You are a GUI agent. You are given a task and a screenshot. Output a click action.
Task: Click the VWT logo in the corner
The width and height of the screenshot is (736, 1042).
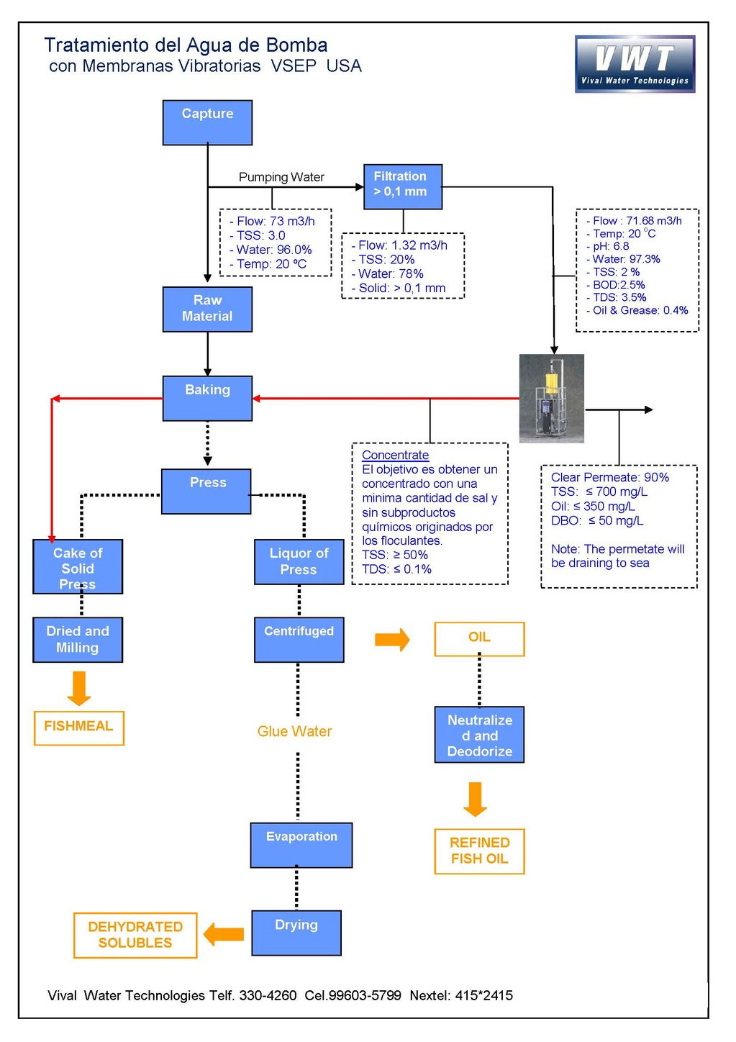[x=635, y=64]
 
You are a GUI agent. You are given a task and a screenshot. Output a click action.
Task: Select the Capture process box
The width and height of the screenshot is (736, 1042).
[x=207, y=123]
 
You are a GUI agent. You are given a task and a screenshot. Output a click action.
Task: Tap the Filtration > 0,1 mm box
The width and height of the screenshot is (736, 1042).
[x=402, y=187]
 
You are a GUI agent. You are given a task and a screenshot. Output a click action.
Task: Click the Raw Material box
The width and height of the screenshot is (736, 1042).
[x=207, y=309]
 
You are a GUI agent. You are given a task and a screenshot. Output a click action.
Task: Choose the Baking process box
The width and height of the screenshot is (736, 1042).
[x=207, y=398]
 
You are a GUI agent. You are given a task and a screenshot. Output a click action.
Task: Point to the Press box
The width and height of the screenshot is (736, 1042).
[x=206, y=491]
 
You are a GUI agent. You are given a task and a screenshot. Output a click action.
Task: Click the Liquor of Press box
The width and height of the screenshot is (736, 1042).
[x=299, y=562]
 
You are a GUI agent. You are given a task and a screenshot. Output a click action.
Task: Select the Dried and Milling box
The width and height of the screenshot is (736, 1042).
[x=78, y=640]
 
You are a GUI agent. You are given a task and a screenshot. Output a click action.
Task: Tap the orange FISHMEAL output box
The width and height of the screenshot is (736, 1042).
[x=79, y=728]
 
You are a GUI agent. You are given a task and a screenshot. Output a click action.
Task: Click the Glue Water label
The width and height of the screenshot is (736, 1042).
[x=294, y=732]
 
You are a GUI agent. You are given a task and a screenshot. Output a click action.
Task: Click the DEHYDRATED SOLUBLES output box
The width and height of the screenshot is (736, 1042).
[x=135, y=935]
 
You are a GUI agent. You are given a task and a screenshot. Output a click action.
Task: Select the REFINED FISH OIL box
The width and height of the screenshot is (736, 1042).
[x=479, y=851]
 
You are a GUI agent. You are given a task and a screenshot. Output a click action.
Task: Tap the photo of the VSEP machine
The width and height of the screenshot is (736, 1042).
[x=551, y=399]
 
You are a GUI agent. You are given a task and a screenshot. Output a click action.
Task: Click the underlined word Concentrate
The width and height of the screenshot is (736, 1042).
[x=395, y=456]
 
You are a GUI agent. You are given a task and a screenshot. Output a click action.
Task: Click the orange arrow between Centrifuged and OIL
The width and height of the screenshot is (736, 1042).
[x=392, y=639]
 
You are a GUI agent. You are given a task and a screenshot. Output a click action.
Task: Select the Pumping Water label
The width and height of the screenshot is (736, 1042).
[x=281, y=177]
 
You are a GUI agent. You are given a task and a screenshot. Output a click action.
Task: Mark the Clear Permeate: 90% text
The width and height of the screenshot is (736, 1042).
[x=609, y=478]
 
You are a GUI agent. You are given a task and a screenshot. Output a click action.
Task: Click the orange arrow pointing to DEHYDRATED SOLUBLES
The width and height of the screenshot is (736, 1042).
[x=224, y=935]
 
